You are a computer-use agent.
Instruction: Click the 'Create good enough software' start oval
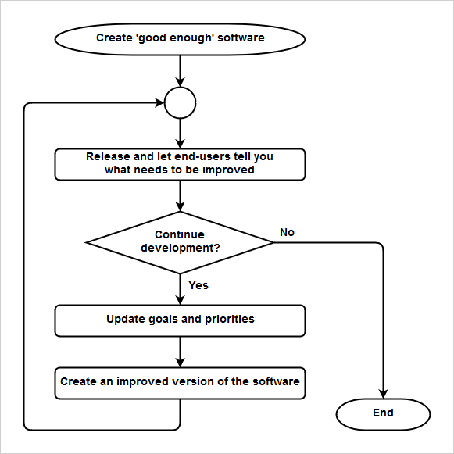tap(180, 38)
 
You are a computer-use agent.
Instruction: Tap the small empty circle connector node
tap(180, 102)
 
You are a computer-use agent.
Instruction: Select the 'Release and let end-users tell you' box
tap(180, 163)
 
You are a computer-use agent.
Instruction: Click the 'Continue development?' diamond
tap(180, 241)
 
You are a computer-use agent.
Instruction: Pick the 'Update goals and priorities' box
tap(180, 320)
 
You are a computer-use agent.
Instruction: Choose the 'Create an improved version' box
tap(180, 382)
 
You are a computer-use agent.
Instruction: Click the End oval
tap(383, 413)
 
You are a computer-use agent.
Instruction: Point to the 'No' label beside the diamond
tap(287, 232)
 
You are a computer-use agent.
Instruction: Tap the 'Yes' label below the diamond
tap(198, 285)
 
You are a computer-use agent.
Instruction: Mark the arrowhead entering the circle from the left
tap(159, 102)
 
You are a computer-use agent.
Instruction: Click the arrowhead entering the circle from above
tap(180, 82)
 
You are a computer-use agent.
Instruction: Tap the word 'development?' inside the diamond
tap(180, 248)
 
